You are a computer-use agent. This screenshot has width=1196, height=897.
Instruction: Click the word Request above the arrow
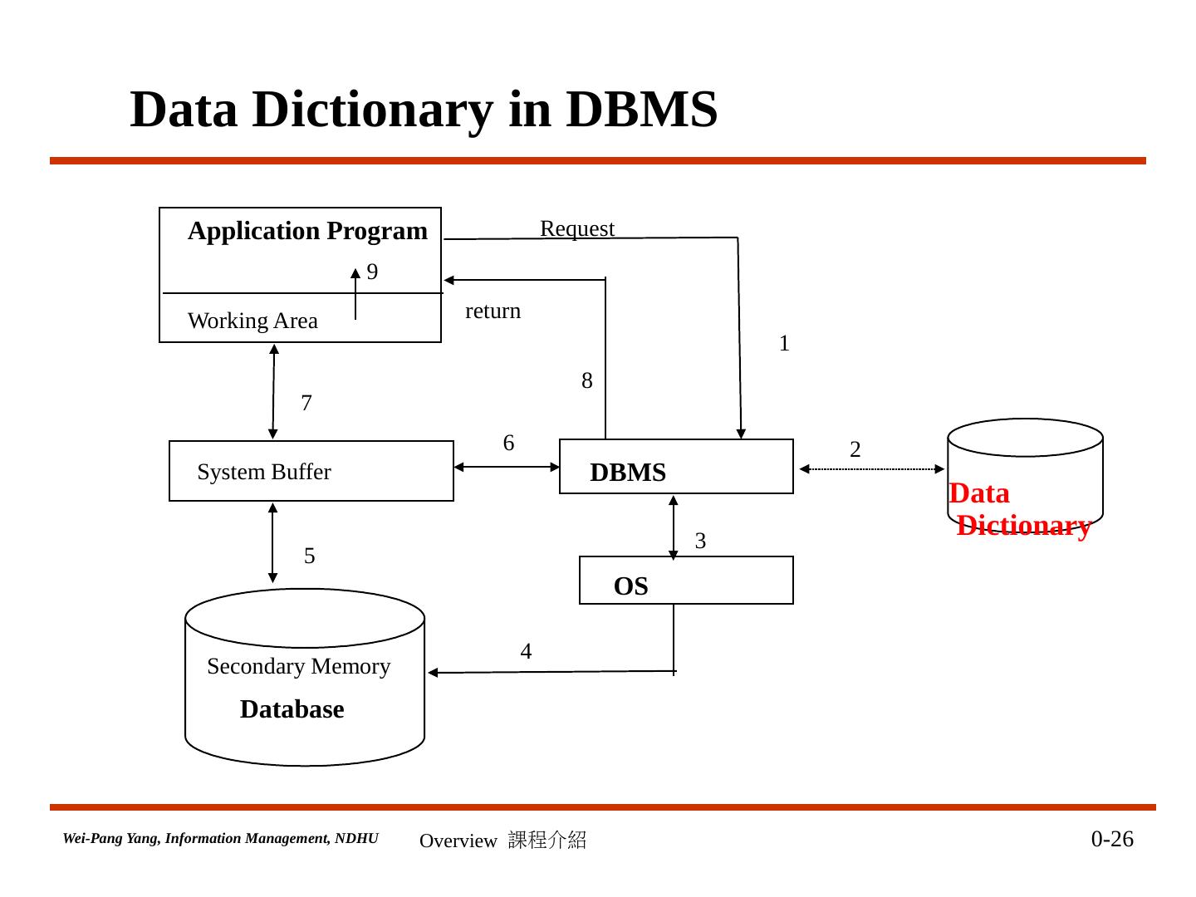coord(577,229)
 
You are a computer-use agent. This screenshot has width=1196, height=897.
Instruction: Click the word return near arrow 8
coord(493,311)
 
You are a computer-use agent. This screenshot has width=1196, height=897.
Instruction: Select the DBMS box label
coord(628,473)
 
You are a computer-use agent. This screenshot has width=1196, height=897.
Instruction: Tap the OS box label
coord(630,586)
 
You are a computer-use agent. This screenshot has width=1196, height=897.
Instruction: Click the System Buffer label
coord(264,473)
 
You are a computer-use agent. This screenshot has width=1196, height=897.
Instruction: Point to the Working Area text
coord(252,321)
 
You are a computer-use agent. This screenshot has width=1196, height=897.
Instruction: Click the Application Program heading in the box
coord(307,232)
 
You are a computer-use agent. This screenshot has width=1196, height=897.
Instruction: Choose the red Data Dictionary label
coord(1020,509)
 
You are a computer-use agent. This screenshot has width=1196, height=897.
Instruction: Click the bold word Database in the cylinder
coord(292,709)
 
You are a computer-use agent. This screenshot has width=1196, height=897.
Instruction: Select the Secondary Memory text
coord(299,667)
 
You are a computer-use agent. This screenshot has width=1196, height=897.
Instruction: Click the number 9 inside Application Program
coord(372,272)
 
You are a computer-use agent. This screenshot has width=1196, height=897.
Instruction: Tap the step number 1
coord(784,343)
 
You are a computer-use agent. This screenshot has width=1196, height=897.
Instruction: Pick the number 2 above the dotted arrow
coord(855,449)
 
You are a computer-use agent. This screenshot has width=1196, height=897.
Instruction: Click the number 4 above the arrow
coord(526,651)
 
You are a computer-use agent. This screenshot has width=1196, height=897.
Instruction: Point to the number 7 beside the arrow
coord(306,403)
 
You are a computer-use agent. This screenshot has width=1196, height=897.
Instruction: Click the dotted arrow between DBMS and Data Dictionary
coord(872,469)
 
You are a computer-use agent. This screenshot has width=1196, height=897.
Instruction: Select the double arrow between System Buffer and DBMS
coord(507,467)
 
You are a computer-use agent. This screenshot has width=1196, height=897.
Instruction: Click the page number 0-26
coord(1112,839)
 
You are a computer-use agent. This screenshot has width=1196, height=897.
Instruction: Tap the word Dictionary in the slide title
coord(373,110)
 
